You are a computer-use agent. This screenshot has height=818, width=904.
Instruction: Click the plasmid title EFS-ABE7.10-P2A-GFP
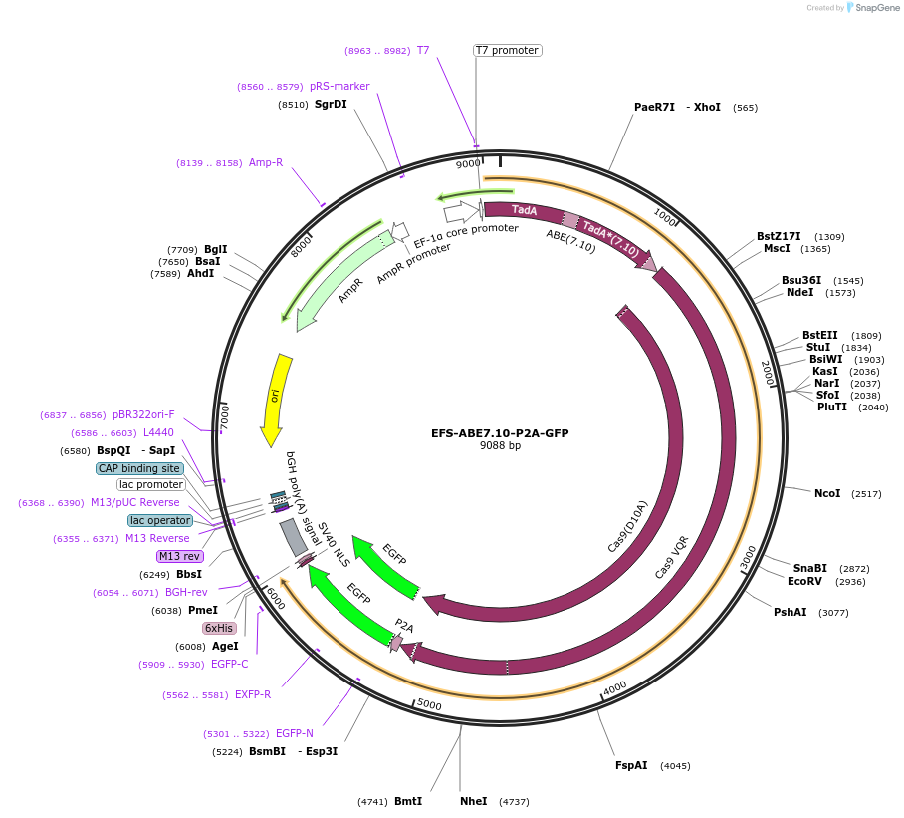click(x=500, y=433)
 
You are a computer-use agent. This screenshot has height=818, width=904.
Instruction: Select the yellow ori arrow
click(x=275, y=399)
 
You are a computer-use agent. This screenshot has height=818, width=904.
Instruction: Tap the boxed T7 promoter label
click(x=507, y=50)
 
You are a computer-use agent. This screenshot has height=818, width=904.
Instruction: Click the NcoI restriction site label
click(x=827, y=493)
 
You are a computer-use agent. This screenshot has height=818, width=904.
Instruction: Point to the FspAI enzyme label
click(x=631, y=765)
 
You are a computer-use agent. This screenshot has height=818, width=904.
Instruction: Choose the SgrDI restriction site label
click(x=331, y=104)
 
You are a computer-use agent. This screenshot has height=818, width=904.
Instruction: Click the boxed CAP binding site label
click(x=139, y=468)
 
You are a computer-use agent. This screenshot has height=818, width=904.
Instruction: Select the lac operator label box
click(x=159, y=520)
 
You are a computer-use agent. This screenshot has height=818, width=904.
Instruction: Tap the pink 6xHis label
click(x=219, y=628)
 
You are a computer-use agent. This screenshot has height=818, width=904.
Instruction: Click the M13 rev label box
click(x=178, y=556)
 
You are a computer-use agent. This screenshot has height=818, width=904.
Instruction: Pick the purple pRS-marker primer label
click(x=339, y=86)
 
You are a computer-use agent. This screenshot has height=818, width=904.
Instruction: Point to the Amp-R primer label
click(x=266, y=162)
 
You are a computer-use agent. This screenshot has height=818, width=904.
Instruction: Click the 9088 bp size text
click(x=500, y=445)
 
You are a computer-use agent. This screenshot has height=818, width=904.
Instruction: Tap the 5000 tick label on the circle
click(x=429, y=705)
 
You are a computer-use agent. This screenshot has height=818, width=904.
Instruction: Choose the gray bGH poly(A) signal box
click(x=294, y=537)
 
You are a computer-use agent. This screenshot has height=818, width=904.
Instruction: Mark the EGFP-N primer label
click(x=295, y=733)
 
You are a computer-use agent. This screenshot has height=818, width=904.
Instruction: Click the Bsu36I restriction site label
click(x=801, y=280)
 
